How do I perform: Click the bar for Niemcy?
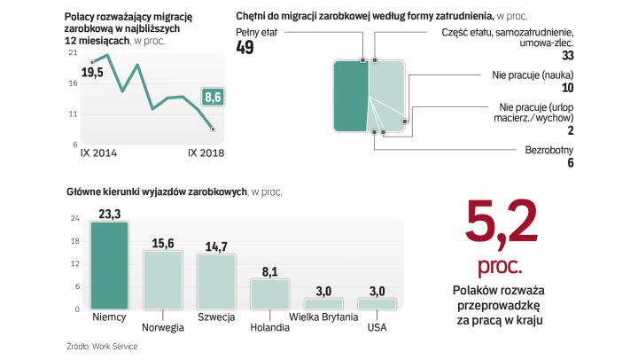click(110, 265)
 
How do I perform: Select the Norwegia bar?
click(163, 279)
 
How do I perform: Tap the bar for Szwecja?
click(217, 281)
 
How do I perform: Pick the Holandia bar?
click(270, 293)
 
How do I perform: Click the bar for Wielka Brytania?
click(324, 303)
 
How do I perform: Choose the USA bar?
click(377, 303)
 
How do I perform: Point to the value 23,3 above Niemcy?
click(110, 213)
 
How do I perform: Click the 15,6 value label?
click(163, 242)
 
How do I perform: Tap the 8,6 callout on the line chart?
click(213, 95)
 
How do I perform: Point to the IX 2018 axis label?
click(206, 153)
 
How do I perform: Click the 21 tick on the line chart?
click(74, 53)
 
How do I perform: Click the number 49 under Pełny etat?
click(245, 47)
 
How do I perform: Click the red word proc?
click(501, 266)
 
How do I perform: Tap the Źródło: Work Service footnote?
click(102, 346)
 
